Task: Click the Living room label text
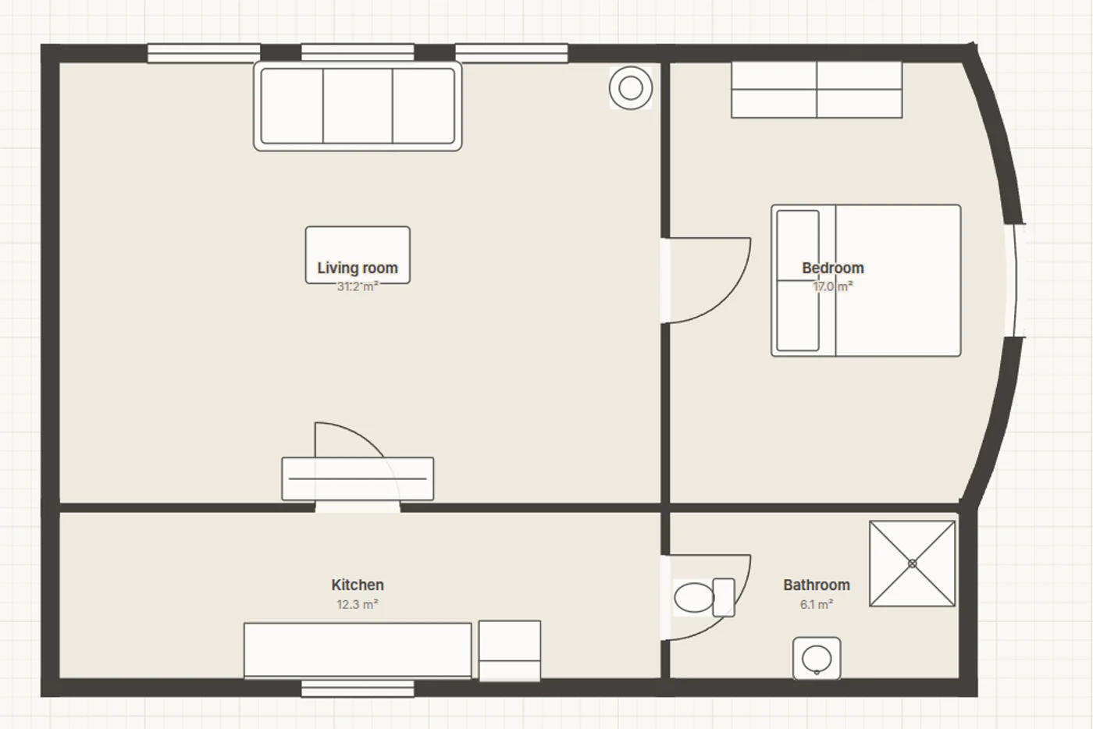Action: pos(358,268)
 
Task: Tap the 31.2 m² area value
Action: pos(358,286)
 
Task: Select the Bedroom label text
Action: pos(833,268)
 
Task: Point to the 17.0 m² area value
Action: pos(833,286)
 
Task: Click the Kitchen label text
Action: pos(358,585)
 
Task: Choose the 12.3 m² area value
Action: pos(358,605)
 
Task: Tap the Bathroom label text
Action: pos(817,585)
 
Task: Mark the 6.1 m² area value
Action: pos(817,605)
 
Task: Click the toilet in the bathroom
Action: pos(704,598)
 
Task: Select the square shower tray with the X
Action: pos(913,564)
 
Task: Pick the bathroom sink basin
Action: pos(817,658)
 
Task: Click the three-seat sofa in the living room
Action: pos(358,106)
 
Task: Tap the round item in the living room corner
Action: pos(631,88)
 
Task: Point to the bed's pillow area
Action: pos(798,280)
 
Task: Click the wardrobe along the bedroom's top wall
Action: pos(817,90)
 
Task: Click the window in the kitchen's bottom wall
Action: pos(358,688)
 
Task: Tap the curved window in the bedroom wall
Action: pos(1016,280)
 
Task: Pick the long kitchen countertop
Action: pos(358,650)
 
